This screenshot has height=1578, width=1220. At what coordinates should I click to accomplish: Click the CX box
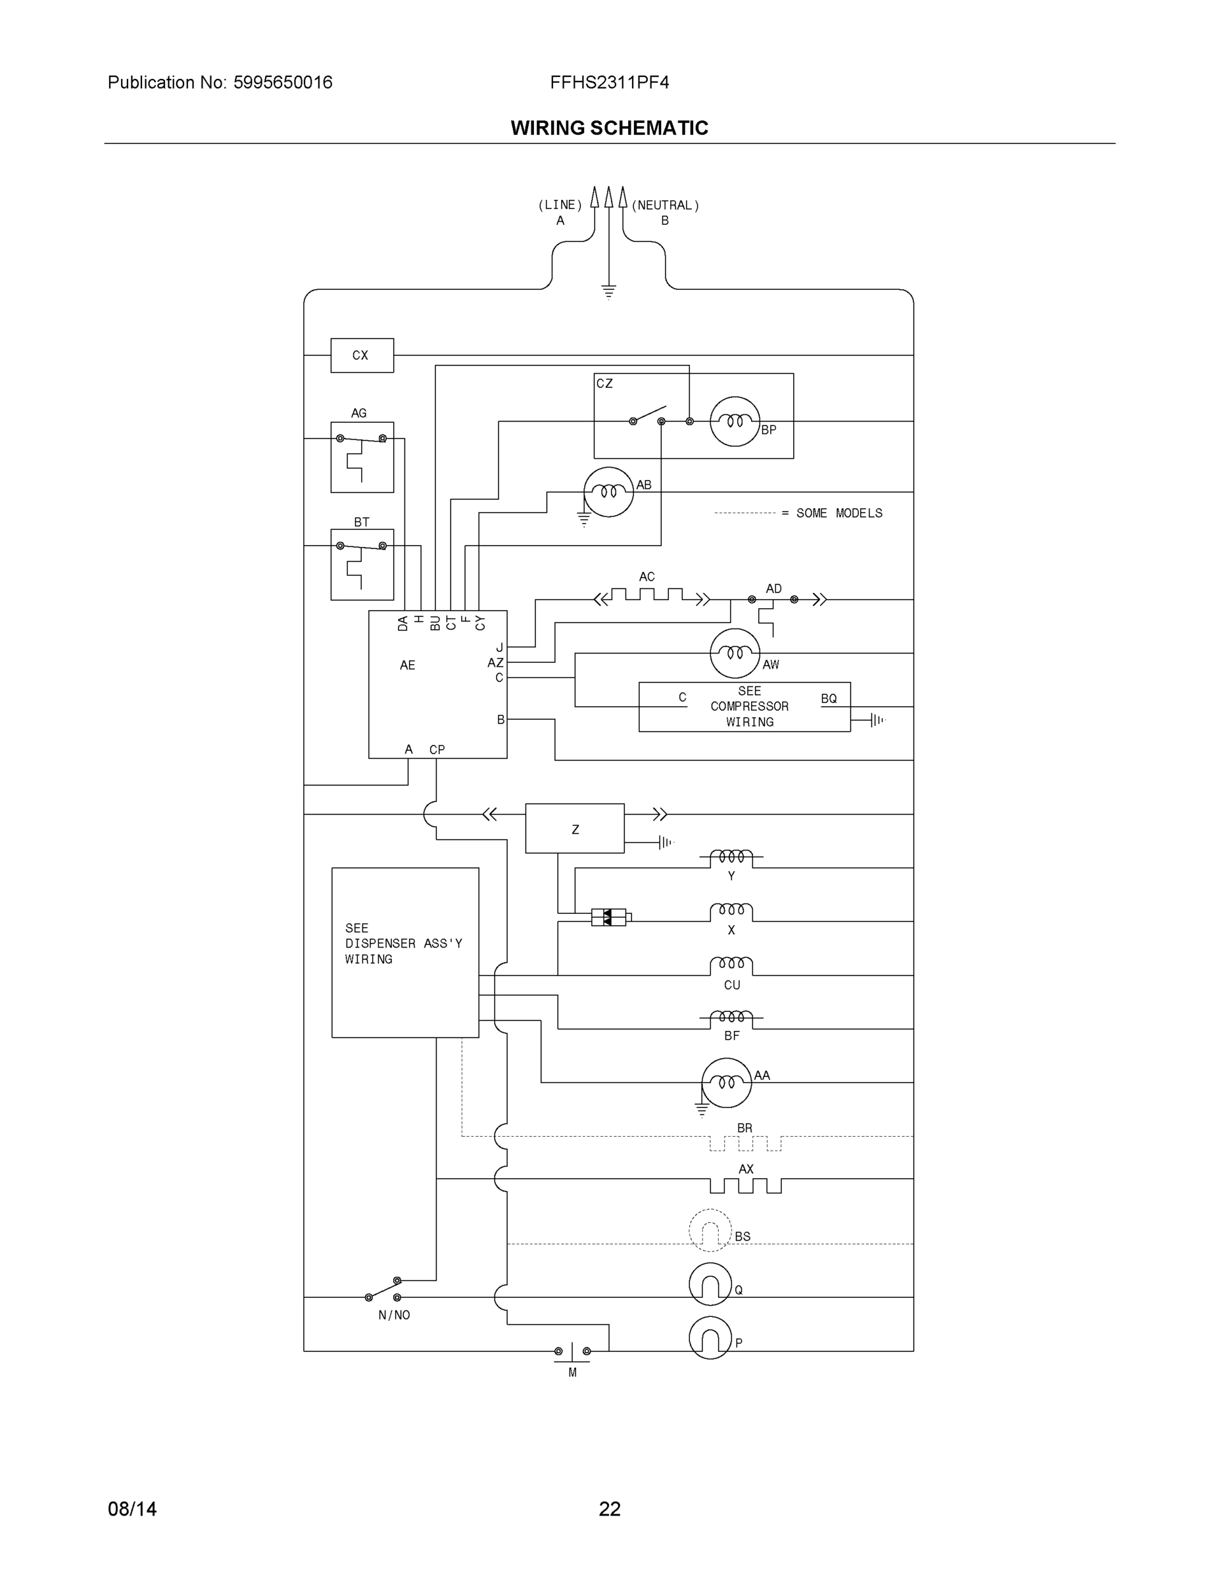point(361,356)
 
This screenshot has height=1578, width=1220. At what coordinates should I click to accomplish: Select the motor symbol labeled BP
point(735,421)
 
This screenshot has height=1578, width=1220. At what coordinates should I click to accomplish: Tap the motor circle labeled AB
point(608,492)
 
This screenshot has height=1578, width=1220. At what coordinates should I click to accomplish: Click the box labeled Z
point(575,828)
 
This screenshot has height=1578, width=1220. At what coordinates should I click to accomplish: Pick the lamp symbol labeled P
point(710,1338)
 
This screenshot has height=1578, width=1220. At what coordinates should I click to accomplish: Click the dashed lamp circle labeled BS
point(710,1230)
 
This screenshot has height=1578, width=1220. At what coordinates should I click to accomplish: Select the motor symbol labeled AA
point(726,1083)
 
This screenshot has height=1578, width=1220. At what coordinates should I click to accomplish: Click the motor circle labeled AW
point(735,653)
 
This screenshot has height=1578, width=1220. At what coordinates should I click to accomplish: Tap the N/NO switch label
point(394,1315)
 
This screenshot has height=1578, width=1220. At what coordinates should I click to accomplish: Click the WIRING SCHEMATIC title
point(609,128)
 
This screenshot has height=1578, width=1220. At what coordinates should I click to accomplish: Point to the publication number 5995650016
point(283,82)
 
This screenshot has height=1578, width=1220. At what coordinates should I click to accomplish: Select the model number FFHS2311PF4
point(609,82)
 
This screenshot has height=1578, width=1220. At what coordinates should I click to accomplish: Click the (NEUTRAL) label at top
point(665,205)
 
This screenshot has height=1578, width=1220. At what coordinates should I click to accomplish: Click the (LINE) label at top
point(560,205)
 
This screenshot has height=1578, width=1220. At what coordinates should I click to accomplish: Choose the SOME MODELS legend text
point(839,513)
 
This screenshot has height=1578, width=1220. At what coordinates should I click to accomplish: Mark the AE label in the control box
point(408,665)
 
